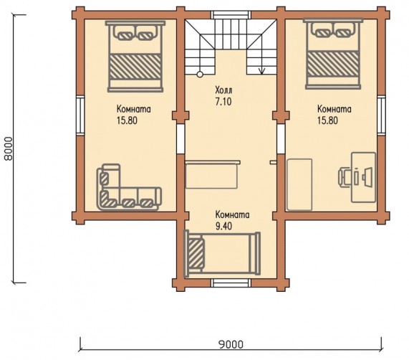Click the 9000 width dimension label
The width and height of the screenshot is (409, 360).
[x=231, y=344]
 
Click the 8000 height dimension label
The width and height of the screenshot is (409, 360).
[x=9, y=148]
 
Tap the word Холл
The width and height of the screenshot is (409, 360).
[x=223, y=90]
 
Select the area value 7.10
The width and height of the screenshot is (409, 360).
[x=223, y=101]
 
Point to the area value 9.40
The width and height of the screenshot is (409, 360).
[x=223, y=227]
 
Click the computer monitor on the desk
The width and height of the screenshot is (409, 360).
[x=367, y=178]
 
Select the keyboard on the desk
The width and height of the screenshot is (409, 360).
[x=357, y=178]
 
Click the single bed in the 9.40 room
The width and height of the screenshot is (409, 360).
[x=222, y=253]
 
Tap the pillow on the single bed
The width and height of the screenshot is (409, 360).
[x=196, y=253]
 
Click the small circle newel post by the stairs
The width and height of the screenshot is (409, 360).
[x=200, y=75]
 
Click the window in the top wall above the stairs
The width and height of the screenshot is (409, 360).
[x=231, y=14]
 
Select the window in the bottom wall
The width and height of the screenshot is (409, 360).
[x=231, y=283]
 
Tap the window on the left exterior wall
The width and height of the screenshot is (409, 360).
[x=80, y=115]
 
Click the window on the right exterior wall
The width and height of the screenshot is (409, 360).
[x=381, y=115]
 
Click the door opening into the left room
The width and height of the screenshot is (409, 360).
[x=181, y=139]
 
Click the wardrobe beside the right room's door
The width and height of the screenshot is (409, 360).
[x=299, y=184]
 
